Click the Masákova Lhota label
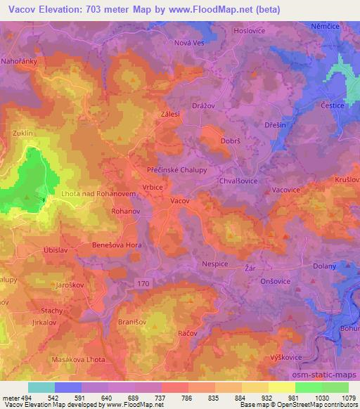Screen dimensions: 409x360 pos(74,361)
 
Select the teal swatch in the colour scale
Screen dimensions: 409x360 pos(41,387)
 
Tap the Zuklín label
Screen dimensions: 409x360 pos(22,132)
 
